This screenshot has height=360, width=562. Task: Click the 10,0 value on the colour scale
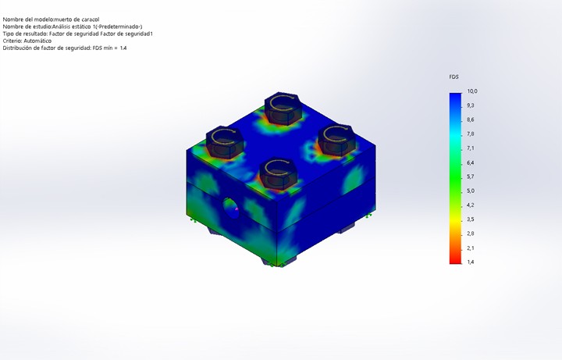click(x=472, y=91)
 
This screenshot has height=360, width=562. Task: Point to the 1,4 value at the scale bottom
click(x=470, y=262)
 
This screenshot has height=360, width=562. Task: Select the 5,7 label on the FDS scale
click(x=470, y=176)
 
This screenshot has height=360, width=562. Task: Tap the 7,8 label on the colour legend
click(x=470, y=134)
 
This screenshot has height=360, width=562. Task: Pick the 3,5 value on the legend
click(x=470, y=219)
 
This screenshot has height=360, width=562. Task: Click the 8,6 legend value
click(x=470, y=119)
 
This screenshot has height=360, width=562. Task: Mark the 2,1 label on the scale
click(x=470, y=248)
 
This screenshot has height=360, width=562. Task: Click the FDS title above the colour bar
click(x=454, y=77)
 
